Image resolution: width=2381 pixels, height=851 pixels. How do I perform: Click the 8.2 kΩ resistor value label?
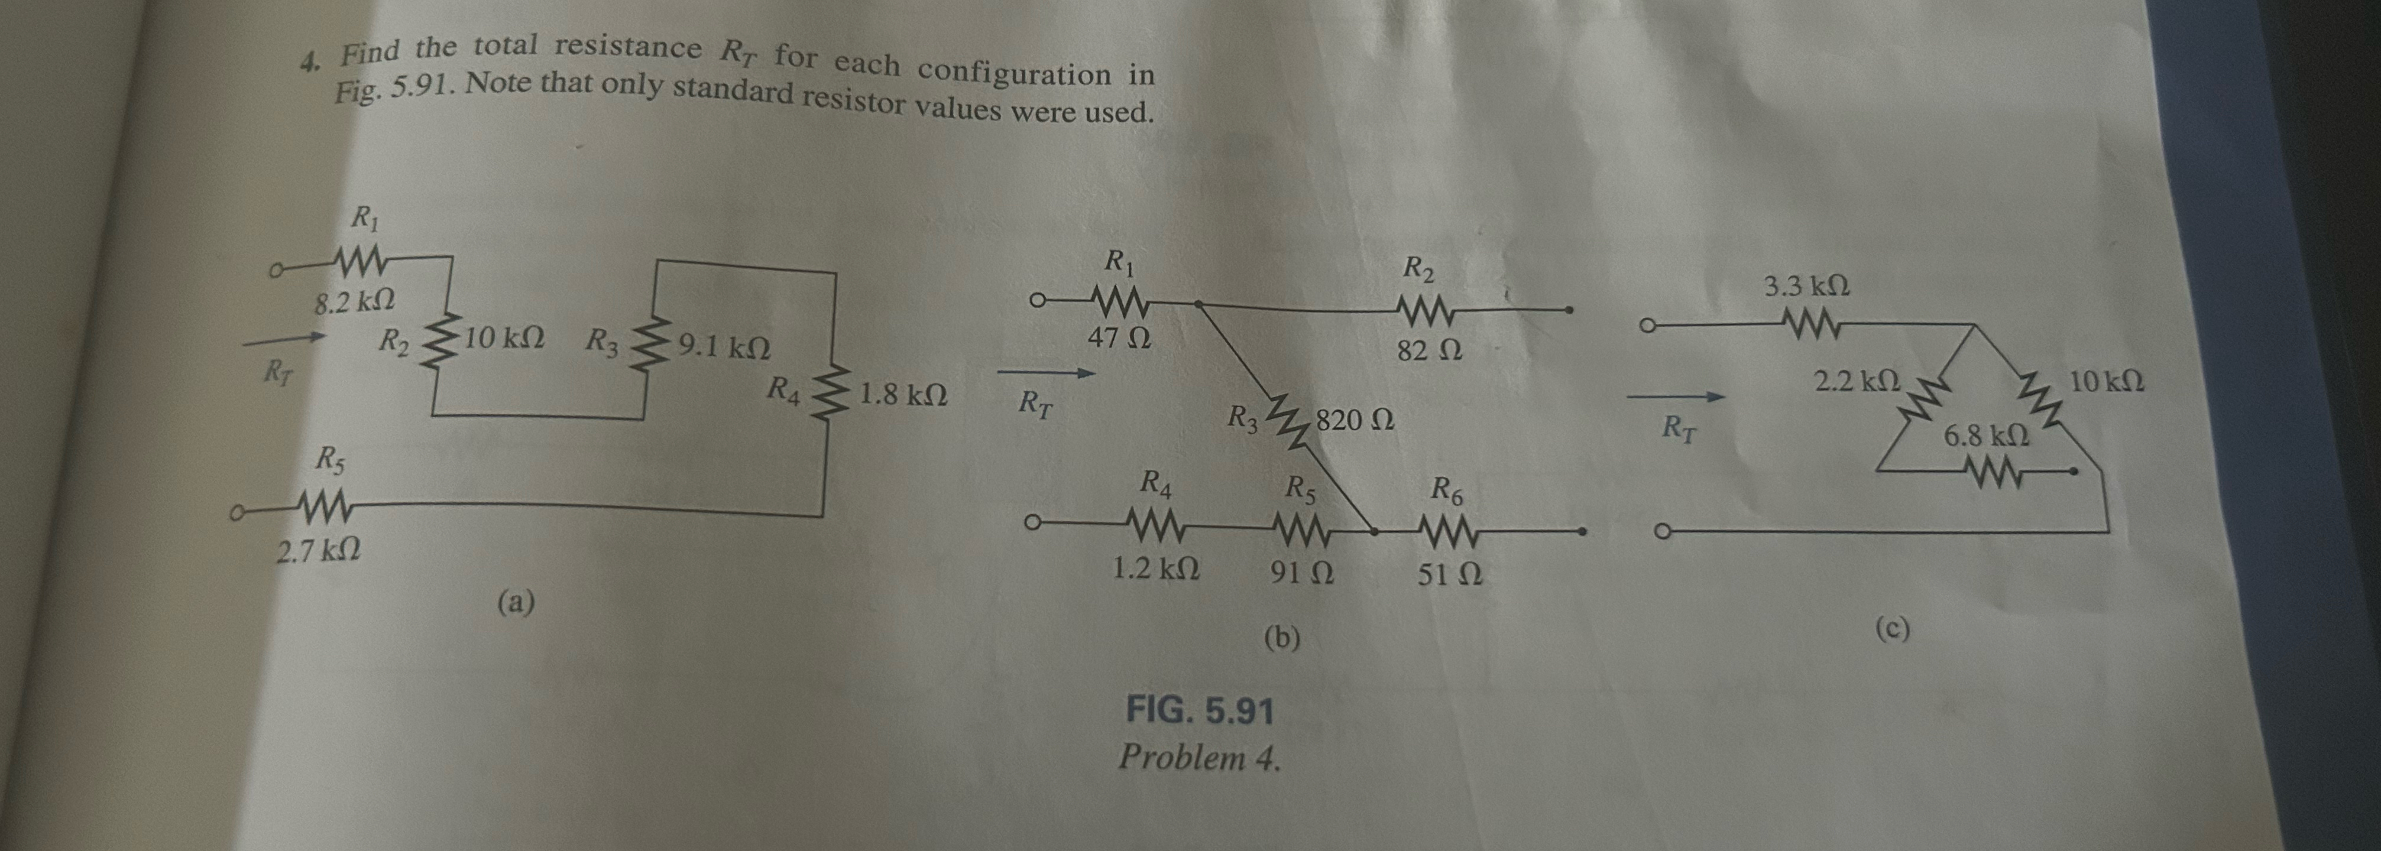click(x=355, y=302)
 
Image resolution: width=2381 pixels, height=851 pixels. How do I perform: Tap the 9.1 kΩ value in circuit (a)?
click(x=724, y=348)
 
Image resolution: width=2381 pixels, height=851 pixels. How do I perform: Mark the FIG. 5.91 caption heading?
click(x=1199, y=710)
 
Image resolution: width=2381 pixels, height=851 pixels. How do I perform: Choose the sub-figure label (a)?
click(x=516, y=603)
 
